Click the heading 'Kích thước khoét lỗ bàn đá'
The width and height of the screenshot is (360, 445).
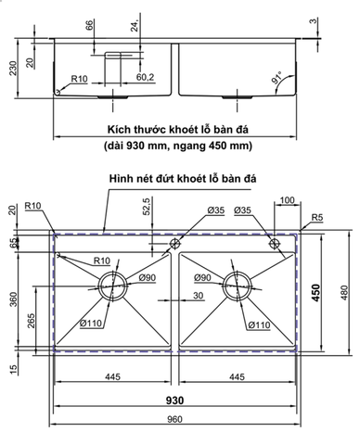tap(180, 131)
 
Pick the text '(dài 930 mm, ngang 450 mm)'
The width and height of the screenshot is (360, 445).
tap(179, 146)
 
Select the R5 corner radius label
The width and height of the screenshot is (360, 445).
tap(316, 218)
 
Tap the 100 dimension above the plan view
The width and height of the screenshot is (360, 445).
tap(285, 199)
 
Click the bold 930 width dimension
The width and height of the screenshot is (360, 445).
tap(175, 400)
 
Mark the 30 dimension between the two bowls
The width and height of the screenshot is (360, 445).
tap(198, 295)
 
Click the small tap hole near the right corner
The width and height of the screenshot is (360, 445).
tap(275, 243)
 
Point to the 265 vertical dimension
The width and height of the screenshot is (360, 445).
tap(33, 320)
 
